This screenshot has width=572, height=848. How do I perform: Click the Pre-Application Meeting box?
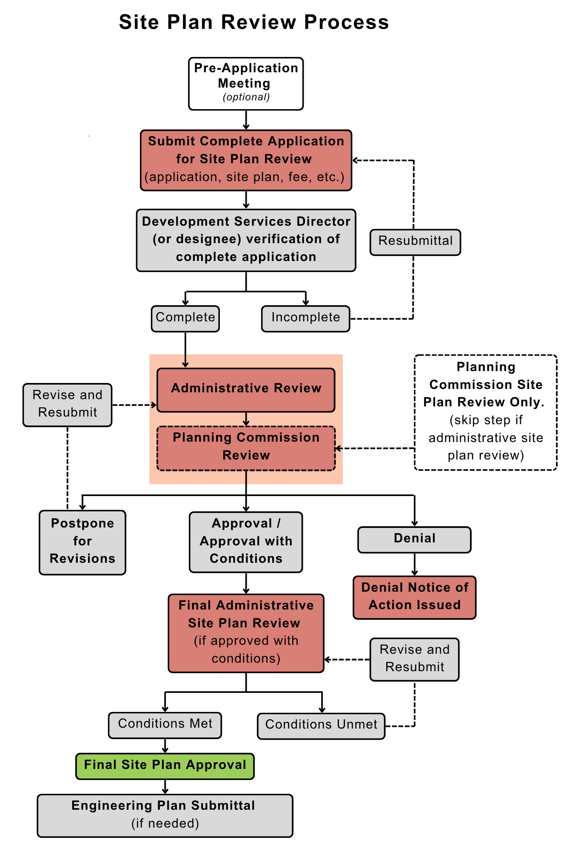(246, 84)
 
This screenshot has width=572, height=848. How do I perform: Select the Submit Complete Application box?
(246, 160)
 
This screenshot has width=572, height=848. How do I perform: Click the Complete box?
(185, 318)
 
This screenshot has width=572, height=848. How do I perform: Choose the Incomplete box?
(305, 318)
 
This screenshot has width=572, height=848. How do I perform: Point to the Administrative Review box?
(246, 390)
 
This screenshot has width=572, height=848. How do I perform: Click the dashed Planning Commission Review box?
(246, 448)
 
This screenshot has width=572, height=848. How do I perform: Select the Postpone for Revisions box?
(83, 542)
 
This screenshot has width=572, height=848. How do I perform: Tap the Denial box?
(414, 539)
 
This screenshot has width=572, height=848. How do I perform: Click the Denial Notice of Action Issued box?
(414, 597)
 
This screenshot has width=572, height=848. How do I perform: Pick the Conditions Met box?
(165, 725)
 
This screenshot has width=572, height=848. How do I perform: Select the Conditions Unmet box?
(321, 726)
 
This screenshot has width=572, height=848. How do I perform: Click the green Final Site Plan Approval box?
(165, 766)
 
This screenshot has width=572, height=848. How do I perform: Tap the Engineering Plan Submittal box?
(165, 815)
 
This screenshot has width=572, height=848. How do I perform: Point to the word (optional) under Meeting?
(246, 97)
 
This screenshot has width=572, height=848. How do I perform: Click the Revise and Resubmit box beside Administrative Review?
(68, 405)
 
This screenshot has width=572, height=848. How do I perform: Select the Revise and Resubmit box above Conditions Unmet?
(414, 659)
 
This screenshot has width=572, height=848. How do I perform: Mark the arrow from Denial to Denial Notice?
(414, 564)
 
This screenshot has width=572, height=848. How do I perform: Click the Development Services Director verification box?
(246, 240)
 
